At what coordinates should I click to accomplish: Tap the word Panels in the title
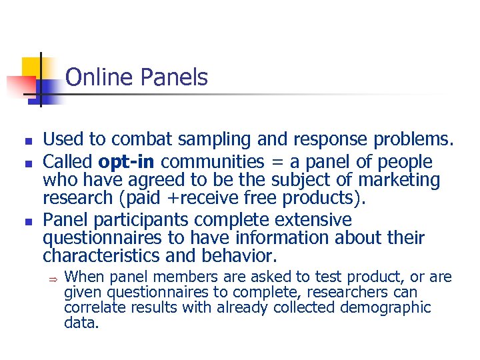(174, 78)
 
